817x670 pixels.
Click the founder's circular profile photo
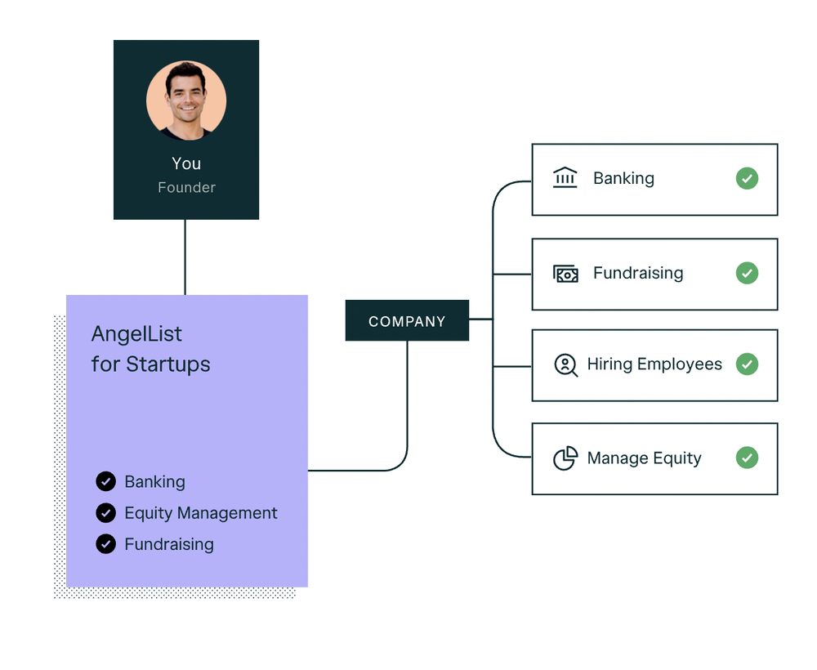tap(186, 100)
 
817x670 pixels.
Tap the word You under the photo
tap(186, 163)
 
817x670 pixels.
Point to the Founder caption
tap(186, 188)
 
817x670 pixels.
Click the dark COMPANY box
tap(407, 321)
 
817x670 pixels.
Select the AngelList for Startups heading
tap(151, 349)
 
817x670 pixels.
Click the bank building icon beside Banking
tap(565, 178)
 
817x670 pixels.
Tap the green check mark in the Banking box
tap(747, 179)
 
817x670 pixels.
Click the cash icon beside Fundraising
tap(565, 274)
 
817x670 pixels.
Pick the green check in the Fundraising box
tap(747, 273)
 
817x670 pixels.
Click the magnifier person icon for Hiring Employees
tap(565, 364)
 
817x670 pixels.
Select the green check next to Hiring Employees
tap(747, 364)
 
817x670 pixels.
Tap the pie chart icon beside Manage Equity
tap(565, 458)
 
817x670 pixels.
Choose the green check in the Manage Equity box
tap(747, 458)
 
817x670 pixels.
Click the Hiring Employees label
tap(654, 364)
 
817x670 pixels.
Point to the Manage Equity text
tap(644, 458)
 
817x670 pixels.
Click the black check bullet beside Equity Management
tap(105, 513)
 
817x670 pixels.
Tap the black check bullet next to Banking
tap(105, 482)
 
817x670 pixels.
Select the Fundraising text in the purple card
tap(169, 544)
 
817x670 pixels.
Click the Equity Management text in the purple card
tap(201, 513)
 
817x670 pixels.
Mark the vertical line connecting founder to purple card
tap(185, 257)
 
